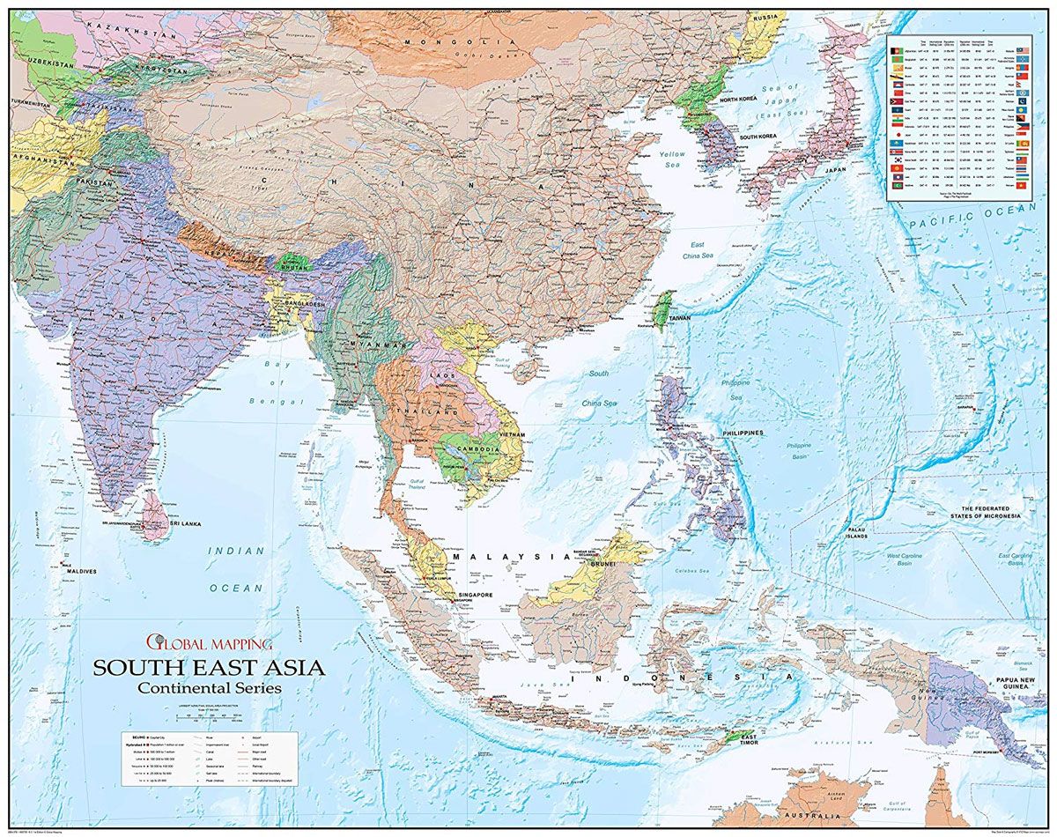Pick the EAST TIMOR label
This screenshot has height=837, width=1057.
coord(747,740)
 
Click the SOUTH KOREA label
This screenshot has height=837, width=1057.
coord(762,137)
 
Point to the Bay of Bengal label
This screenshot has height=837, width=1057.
coord(278,382)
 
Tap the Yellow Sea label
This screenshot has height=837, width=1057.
coord(674,159)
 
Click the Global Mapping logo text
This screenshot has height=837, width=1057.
coord(211,643)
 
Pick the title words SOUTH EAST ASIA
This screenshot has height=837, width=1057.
coord(210,667)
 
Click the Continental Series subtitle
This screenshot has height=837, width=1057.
coord(210,688)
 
